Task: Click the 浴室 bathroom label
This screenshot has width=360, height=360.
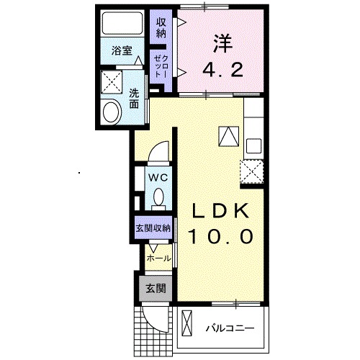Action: pyautogui.click(x=122, y=51)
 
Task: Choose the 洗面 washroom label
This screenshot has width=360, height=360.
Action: pyautogui.click(x=135, y=98)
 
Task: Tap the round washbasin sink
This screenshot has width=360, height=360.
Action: pyautogui.click(x=112, y=112)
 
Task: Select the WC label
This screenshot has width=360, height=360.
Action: pyautogui.click(x=158, y=176)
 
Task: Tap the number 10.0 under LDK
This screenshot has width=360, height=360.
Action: pyautogui.click(x=222, y=235)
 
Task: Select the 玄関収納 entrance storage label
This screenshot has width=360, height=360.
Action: pyautogui.click(x=153, y=228)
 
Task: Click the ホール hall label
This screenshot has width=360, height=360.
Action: pyautogui.click(x=158, y=258)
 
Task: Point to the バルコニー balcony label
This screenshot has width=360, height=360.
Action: pyautogui.click(x=230, y=329)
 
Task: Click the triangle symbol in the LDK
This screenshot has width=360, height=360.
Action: pyautogui.click(x=228, y=136)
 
